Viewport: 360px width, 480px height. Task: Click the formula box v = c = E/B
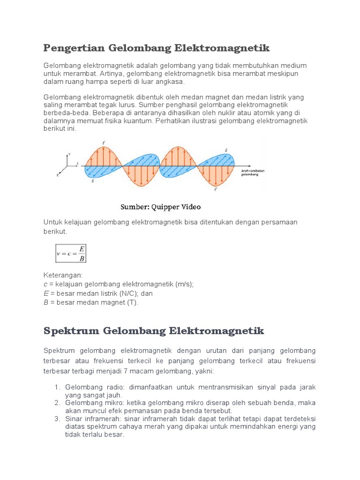(x=71, y=254)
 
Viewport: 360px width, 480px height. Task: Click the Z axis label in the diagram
(x=58, y=174)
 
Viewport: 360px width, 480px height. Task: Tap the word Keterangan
(x=63, y=275)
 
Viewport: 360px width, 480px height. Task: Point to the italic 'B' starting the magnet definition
(x=46, y=302)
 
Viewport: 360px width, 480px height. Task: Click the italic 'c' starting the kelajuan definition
(x=45, y=284)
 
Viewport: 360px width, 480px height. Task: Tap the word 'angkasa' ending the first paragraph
(x=172, y=82)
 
